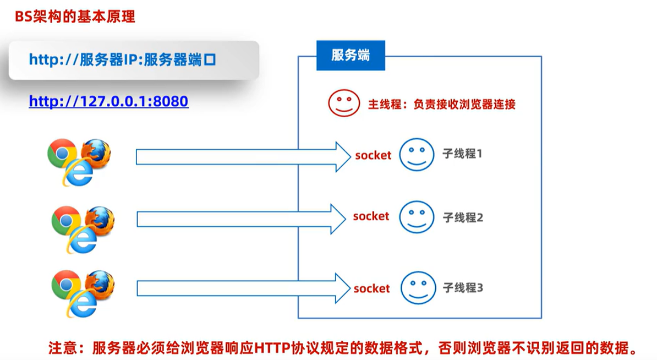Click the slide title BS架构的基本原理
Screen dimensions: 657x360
[x=75, y=16]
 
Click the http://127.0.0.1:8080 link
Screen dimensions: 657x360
[x=108, y=101]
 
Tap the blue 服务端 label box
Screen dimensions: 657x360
[x=351, y=56]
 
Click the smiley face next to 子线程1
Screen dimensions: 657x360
[x=417, y=155]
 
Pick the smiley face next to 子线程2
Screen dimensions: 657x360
[x=417, y=217]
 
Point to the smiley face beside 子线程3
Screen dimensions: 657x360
[x=418, y=287]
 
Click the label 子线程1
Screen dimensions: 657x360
[x=462, y=154]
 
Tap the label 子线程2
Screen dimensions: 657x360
[x=463, y=217]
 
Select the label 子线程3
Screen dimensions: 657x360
[x=463, y=287]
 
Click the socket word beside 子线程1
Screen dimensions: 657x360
[x=373, y=155]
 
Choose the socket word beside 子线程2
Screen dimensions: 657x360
[x=371, y=216]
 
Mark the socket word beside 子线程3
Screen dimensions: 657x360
[x=371, y=288]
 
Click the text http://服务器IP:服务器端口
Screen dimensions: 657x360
[x=122, y=59]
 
